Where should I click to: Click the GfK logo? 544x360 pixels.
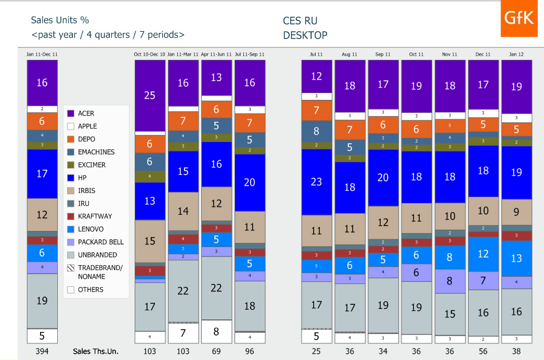pyautogui.click(x=519, y=19)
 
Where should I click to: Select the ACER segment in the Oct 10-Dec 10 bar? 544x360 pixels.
pyautogui.click(x=150, y=96)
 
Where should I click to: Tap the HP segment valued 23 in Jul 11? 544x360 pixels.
pyautogui.click(x=316, y=182)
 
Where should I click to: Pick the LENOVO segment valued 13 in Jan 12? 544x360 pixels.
pyautogui.click(x=516, y=258)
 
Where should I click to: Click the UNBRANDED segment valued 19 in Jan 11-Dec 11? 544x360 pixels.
pyautogui.click(x=42, y=300)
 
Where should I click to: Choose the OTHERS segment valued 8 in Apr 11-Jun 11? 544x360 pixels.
pyautogui.click(x=216, y=331)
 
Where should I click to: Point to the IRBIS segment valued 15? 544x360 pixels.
pyautogui.click(x=150, y=241)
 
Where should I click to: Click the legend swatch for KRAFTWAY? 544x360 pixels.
pyautogui.click(x=71, y=216)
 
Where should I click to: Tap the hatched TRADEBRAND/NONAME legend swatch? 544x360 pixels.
pyautogui.click(x=71, y=268)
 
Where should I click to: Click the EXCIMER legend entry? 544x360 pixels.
pyautogui.click(x=92, y=165)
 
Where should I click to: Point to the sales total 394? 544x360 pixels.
pyautogui.click(x=42, y=351)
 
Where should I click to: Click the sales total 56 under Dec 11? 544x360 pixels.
pyautogui.click(x=483, y=351)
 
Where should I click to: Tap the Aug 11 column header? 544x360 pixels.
pyautogui.click(x=349, y=54)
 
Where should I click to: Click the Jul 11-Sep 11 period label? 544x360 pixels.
pyautogui.click(x=250, y=54)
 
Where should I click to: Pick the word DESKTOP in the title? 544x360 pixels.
pyautogui.click(x=305, y=35)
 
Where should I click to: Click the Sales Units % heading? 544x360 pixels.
pyautogui.click(x=60, y=20)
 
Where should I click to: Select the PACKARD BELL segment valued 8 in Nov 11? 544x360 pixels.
pyautogui.click(x=450, y=281)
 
